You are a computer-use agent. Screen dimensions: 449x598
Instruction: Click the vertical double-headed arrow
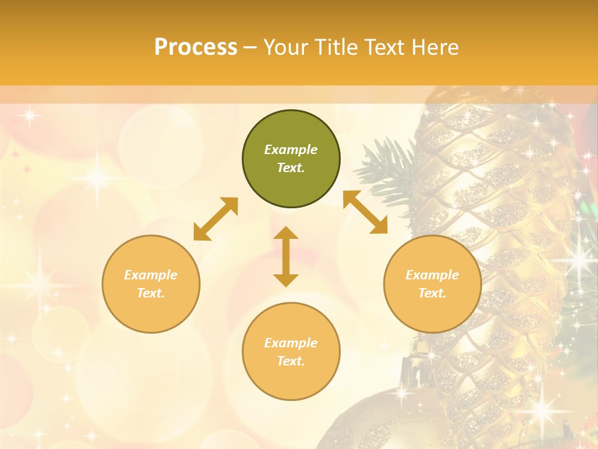click(x=286, y=256)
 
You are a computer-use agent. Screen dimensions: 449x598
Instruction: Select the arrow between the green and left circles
click(x=216, y=219)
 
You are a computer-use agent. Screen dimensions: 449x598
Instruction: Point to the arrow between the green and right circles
click(x=365, y=212)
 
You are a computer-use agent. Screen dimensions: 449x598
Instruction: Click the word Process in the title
click(x=196, y=47)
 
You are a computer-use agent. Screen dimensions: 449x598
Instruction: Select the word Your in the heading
click(x=285, y=47)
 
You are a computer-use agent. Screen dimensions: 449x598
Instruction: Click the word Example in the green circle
click(x=291, y=150)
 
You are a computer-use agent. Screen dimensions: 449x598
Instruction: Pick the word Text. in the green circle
click(x=291, y=168)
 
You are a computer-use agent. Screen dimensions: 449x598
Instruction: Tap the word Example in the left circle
click(x=151, y=275)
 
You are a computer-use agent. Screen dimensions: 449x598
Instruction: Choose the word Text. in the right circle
click(x=432, y=293)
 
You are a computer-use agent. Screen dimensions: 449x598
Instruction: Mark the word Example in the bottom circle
click(x=291, y=343)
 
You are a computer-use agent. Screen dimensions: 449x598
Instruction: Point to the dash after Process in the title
click(x=250, y=47)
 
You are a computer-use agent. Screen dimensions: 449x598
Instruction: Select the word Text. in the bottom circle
click(x=291, y=361)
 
